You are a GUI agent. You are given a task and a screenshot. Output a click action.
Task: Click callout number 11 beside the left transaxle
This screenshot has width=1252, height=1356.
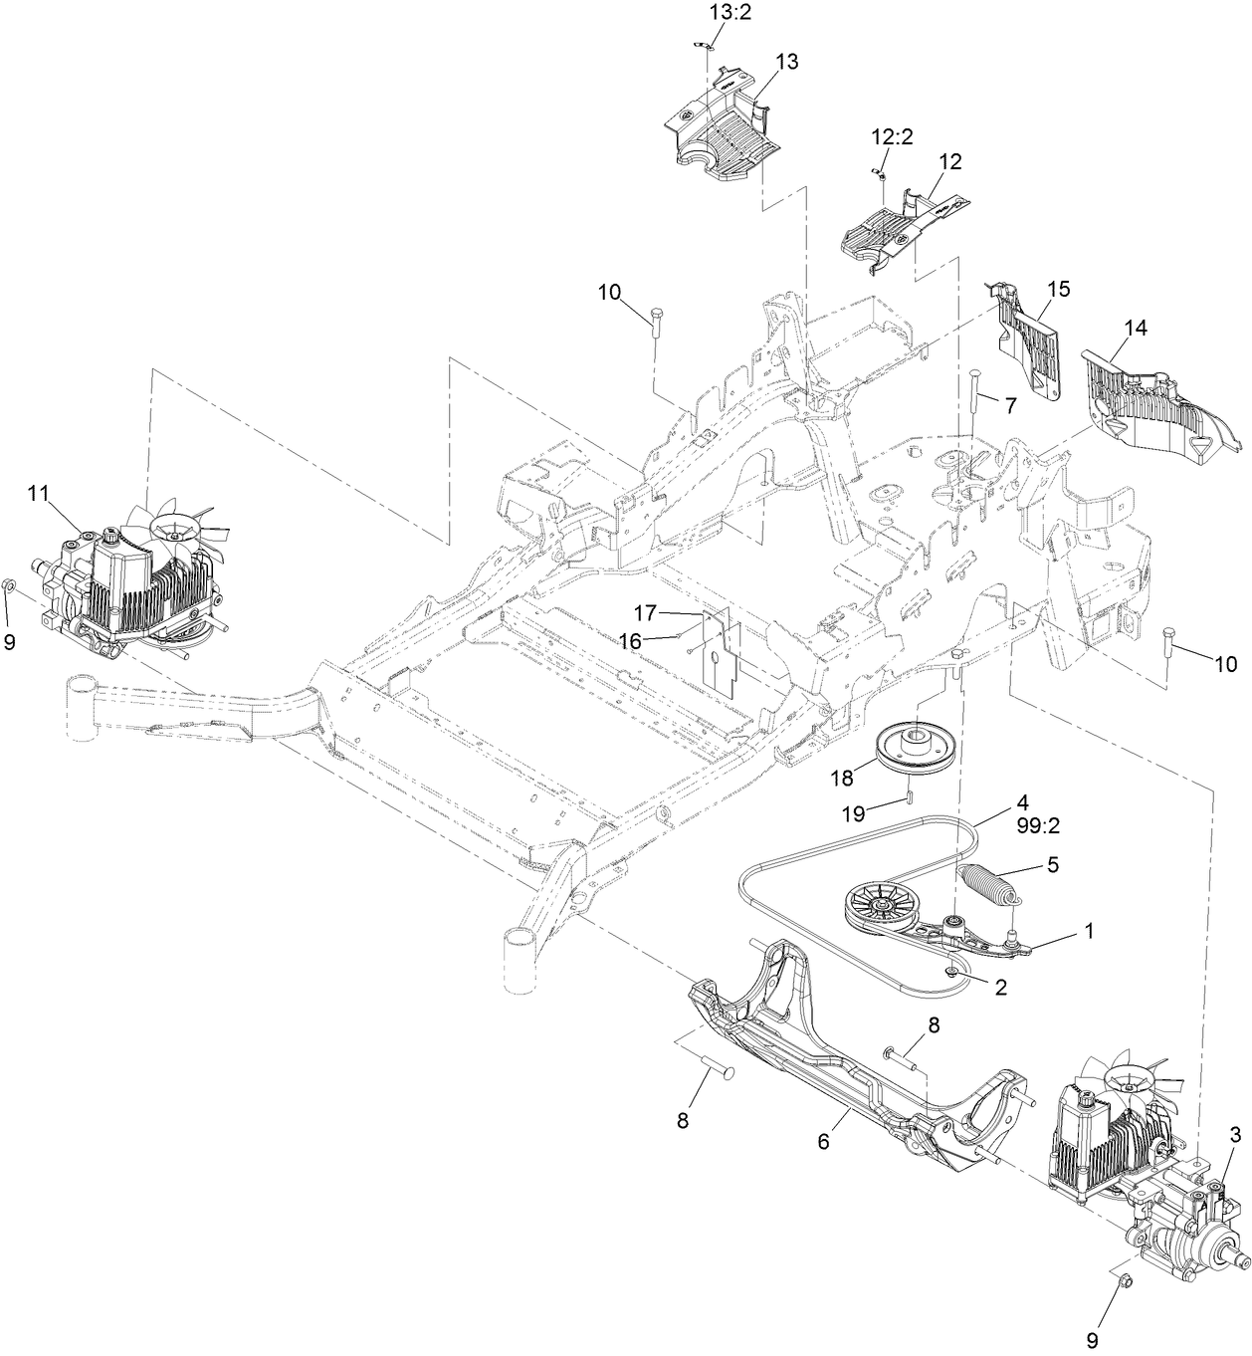pyautogui.click(x=38, y=492)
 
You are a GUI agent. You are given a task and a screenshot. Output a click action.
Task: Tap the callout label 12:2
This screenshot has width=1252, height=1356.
pyautogui.click(x=893, y=137)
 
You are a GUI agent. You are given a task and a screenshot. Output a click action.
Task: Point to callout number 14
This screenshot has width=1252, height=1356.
pyautogui.click(x=1136, y=328)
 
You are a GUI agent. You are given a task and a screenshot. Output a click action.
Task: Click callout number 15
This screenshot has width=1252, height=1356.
pyautogui.click(x=1058, y=290)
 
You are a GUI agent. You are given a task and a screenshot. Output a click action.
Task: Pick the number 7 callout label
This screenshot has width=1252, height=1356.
pyautogui.click(x=1009, y=405)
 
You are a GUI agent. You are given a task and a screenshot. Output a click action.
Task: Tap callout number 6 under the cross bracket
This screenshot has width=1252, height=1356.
pyautogui.click(x=823, y=1142)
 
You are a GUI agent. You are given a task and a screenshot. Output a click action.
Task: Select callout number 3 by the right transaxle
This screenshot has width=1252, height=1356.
pyautogui.click(x=1235, y=1134)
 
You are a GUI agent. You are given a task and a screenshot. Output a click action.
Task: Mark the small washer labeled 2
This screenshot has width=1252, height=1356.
pyautogui.click(x=952, y=971)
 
